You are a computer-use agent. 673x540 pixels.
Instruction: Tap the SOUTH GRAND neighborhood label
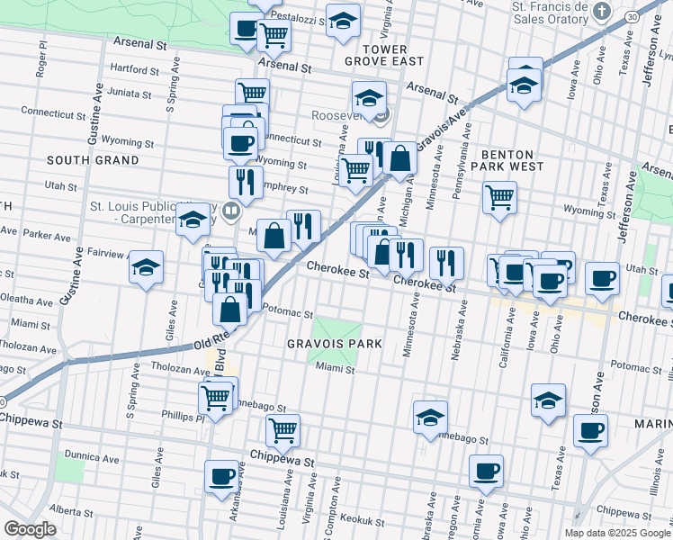[93, 160]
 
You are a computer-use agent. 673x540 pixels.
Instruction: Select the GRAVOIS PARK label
[335, 344]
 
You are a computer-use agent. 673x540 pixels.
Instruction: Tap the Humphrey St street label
[283, 190]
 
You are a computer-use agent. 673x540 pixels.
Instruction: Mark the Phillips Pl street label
[184, 417]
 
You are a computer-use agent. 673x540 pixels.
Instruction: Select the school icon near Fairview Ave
[146, 267]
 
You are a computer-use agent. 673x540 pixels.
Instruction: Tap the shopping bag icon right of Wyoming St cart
[399, 159]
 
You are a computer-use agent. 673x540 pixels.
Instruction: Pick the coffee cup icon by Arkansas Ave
[221, 477]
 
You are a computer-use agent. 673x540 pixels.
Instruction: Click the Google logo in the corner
[30, 529]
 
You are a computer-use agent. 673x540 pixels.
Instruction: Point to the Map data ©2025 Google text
[616, 533]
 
